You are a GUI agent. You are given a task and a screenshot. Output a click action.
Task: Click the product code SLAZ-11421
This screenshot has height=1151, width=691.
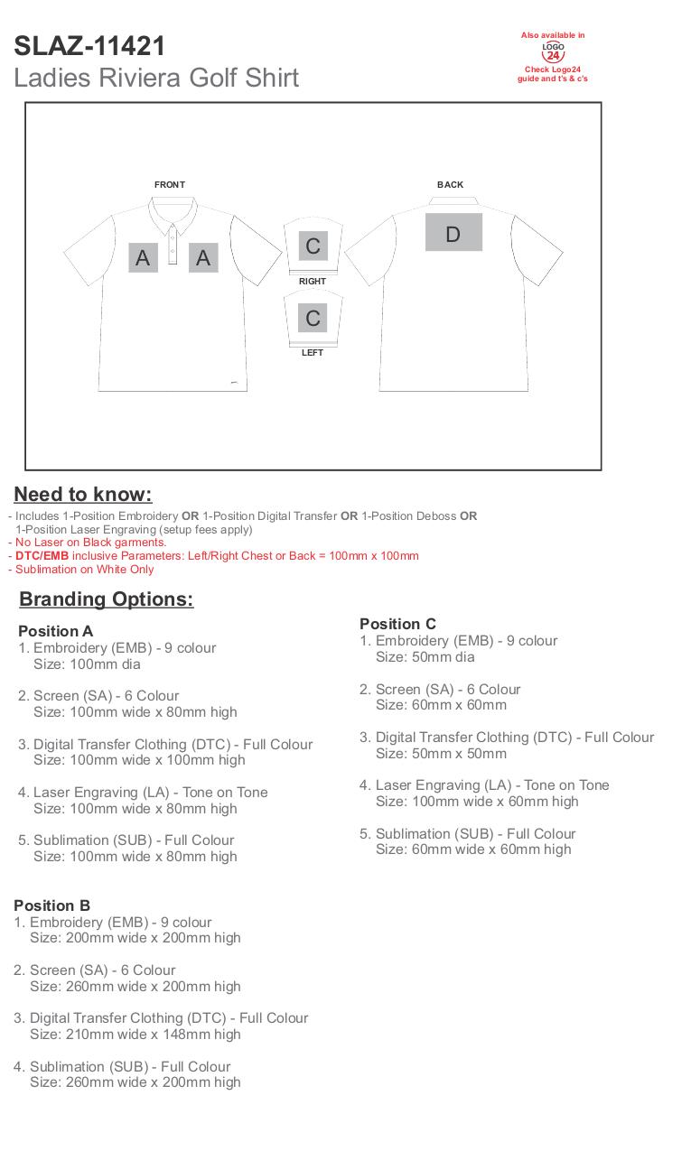[89, 45]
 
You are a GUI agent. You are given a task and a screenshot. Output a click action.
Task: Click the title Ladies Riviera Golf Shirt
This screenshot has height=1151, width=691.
[156, 78]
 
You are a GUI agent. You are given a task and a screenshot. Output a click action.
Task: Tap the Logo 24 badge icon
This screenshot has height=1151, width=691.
[553, 51]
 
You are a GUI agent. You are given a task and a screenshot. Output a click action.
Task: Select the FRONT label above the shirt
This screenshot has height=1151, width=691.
[170, 185]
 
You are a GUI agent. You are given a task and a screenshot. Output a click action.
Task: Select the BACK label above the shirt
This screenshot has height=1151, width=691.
[450, 185]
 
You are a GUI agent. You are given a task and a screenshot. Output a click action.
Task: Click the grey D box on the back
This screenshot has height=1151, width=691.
[453, 233]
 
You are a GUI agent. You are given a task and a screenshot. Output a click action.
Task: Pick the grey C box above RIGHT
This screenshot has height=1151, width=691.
[313, 246]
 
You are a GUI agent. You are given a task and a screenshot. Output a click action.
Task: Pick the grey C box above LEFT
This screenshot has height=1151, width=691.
[313, 318]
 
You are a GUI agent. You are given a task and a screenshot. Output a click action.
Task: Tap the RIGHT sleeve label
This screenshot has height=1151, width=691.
[313, 282]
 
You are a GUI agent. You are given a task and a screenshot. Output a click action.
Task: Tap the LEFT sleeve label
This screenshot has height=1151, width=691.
[313, 353]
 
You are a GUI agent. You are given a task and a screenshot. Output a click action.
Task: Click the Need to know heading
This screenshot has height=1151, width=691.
[83, 495]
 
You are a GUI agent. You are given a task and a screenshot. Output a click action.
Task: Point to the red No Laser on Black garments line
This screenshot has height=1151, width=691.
[90, 543]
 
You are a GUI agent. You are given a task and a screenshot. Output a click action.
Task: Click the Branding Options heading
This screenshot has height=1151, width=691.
[107, 599]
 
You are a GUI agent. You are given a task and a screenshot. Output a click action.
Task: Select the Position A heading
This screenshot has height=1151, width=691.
[55, 631]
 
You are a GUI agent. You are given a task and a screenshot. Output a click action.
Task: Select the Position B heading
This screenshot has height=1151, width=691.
[51, 905]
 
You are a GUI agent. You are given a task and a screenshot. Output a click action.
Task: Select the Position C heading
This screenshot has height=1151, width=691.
[397, 624]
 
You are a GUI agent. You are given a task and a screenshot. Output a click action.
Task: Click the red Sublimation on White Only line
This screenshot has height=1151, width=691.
[84, 570]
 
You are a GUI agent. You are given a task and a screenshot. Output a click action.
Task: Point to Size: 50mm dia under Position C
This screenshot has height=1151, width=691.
[425, 657]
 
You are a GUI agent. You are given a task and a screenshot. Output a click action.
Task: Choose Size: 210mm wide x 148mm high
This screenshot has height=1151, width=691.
[135, 1035]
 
